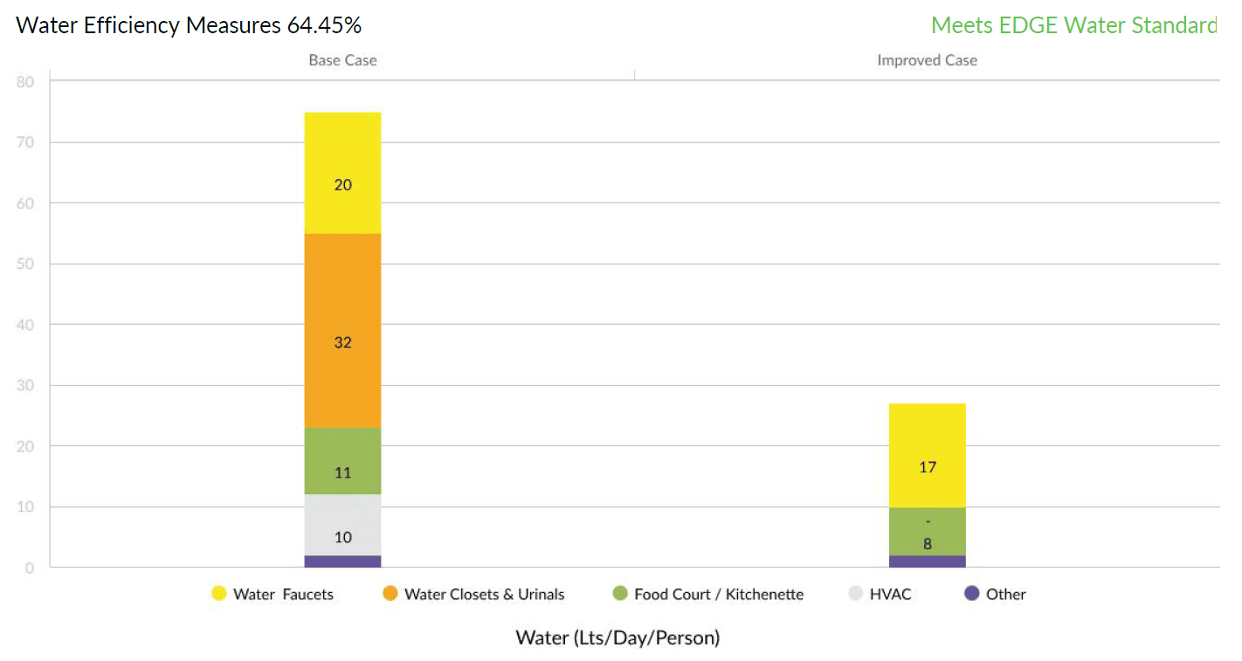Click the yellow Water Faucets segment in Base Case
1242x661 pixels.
[342, 173]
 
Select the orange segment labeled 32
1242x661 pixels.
[342, 331]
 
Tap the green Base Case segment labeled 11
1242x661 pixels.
[342, 461]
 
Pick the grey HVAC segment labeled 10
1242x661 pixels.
[342, 525]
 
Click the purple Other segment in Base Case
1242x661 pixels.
[342, 561]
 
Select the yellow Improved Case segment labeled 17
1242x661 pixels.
[927, 455]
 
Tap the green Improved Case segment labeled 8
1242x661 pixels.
[927, 531]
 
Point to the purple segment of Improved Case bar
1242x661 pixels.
[927, 561]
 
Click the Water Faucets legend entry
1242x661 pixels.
[273, 594]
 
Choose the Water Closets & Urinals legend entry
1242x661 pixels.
[473, 594]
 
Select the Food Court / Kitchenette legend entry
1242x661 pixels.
[707, 594]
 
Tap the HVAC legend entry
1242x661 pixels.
[880, 594]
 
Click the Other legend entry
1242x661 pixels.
[995, 594]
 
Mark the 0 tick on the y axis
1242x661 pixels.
[30, 568]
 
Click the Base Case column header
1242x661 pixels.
[342, 60]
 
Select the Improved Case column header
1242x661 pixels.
[927, 60]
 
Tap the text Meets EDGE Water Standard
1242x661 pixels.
[1073, 25]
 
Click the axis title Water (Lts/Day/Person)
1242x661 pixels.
[618, 637]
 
